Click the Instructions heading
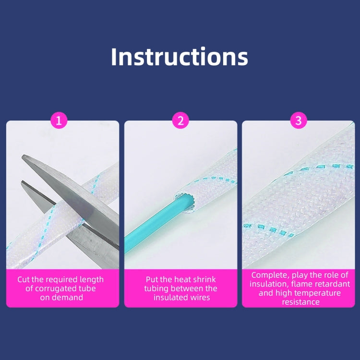pos(180,57)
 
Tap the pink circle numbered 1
pos(59,120)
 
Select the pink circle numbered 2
pos(180,120)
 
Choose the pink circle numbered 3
pos(299,120)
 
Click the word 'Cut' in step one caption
pos(24,279)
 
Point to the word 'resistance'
pos(301,302)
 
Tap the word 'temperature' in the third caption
pos(318,293)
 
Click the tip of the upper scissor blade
pos(23,156)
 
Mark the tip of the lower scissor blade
pos(22,182)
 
